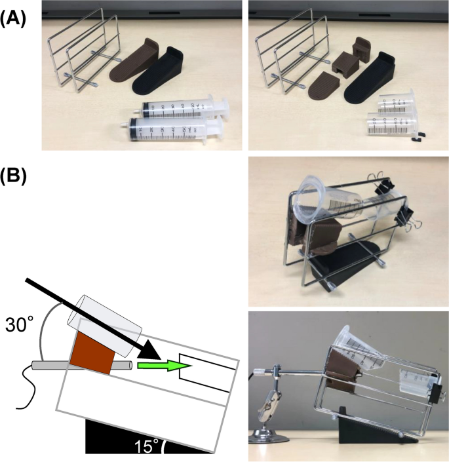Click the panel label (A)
12,19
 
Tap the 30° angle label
18,324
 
